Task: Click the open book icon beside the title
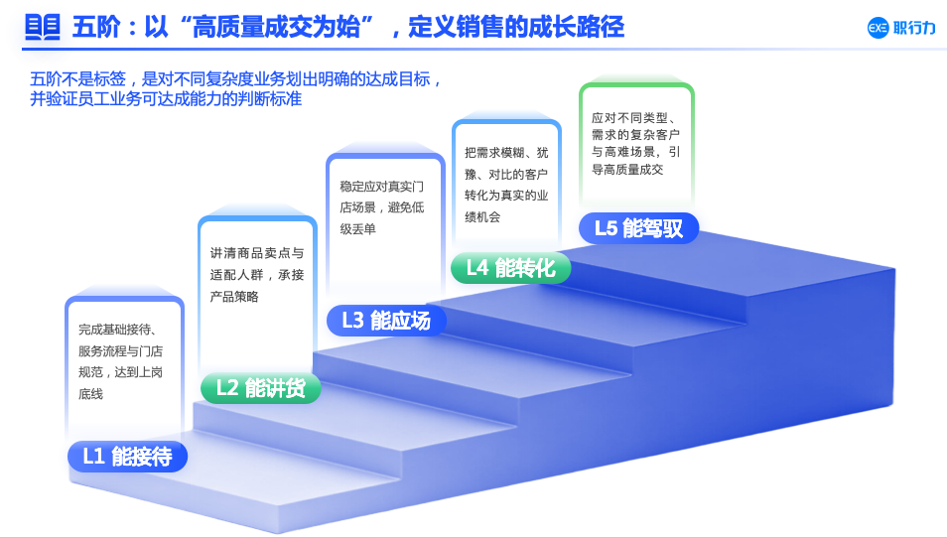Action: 43,27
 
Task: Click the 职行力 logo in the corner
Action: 901,28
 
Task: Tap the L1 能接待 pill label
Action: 127,457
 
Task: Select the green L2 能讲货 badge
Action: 261,388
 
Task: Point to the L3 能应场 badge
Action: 386,320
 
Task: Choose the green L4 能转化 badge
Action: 511,268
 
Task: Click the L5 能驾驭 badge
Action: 639,228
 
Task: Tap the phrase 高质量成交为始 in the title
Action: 276,28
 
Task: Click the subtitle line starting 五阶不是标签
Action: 235,79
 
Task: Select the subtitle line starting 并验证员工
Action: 166,98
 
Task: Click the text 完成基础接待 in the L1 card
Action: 115,330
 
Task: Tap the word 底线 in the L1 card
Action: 90,394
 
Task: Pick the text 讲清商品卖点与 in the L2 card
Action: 257,253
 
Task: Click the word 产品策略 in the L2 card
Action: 234,297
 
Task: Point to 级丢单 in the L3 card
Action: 357,229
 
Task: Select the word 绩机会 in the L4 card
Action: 482,216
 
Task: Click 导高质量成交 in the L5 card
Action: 627,170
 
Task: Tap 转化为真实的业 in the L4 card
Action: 506,196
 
